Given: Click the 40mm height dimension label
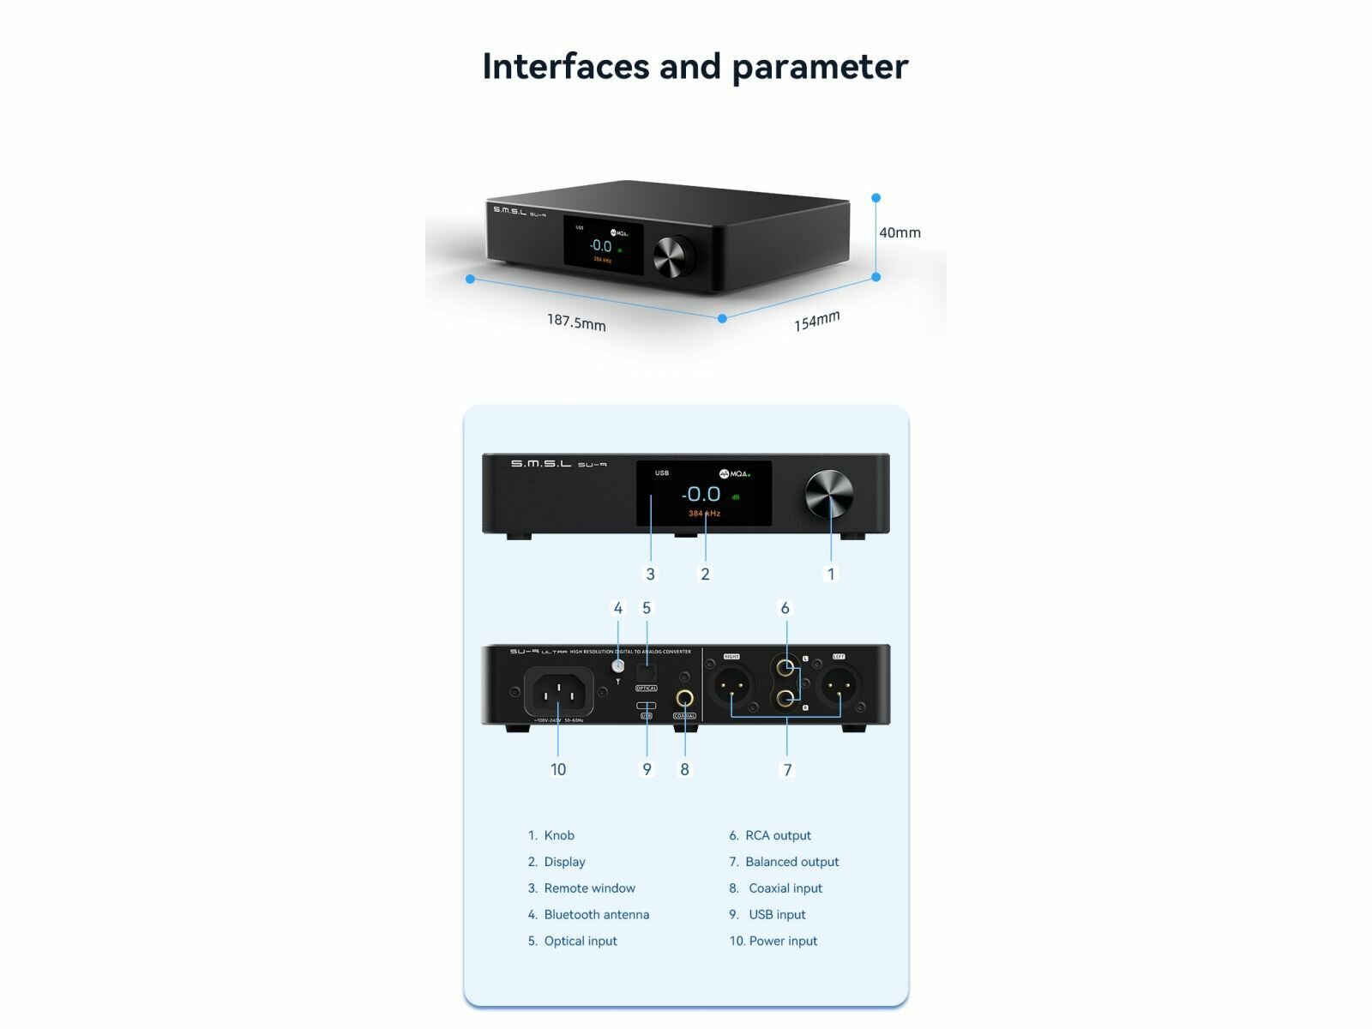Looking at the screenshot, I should pyautogui.click(x=900, y=232).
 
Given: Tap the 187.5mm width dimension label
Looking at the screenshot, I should pyautogui.click(x=576, y=322).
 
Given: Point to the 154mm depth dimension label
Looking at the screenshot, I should pyautogui.click(x=816, y=321).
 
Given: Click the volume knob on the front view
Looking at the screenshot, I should pyautogui.click(x=828, y=495).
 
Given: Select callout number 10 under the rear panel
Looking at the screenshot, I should pyautogui.click(x=558, y=769).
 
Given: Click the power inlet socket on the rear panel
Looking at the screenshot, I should pyautogui.click(x=558, y=690).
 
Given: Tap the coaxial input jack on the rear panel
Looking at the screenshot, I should pyautogui.click(x=684, y=699).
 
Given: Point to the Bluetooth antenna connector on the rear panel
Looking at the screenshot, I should pyautogui.click(x=617, y=666).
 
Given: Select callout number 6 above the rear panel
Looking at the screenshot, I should pyautogui.click(x=785, y=608).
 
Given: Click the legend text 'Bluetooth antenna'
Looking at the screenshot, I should pyautogui.click(x=596, y=914).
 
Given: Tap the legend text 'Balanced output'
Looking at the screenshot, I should pyautogui.click(x=791, y=862).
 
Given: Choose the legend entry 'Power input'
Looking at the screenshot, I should pyautogui.click(x=783, y=941).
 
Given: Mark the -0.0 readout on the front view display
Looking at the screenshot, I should pyautogui.click(x=701, y=494).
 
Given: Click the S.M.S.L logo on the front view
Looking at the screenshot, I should pyautogui.click(x=540, y=464).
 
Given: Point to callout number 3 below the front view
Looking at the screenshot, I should pyautogui.click(x=650, y=574).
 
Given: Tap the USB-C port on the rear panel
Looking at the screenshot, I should pyautogui.click(x=647, y=706).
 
